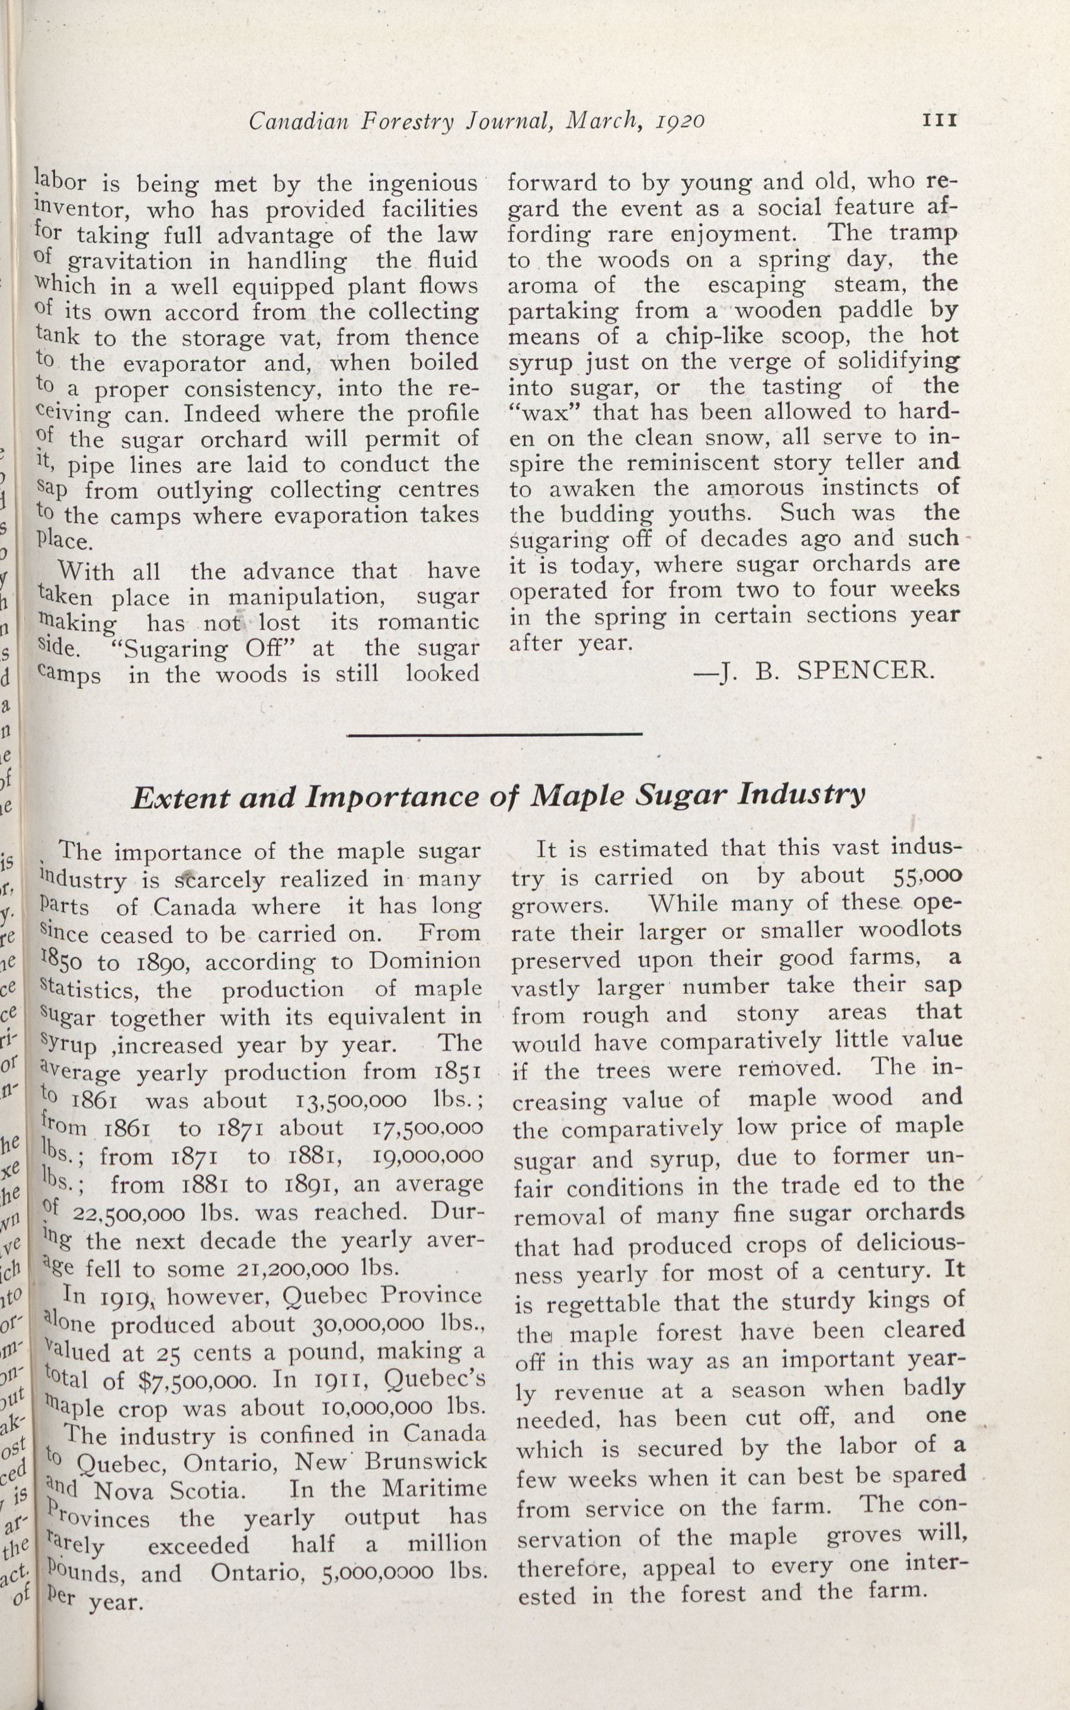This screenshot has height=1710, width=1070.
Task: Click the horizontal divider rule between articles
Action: click(x=495, y=734)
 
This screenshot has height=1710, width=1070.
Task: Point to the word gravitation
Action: click(x=130, y=261)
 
